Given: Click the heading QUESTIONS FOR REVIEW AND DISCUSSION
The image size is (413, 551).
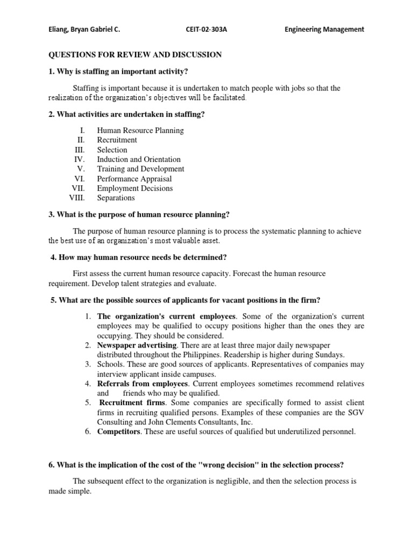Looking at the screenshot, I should click(x=135, y=55).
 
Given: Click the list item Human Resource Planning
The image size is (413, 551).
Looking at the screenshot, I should click(x=140, y=130).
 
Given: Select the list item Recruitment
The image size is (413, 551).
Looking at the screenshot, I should click(x=117, y=140).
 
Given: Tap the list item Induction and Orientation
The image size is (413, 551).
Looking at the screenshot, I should click(x=139, y=159).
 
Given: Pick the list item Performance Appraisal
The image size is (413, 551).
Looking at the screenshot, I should click(x=134, y=179).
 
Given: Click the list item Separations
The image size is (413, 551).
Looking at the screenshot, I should click(x=116, y=198).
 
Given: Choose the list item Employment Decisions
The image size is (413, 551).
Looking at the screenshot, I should click(x=135, y=188).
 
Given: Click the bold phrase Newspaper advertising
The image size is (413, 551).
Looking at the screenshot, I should click(x=137, y=345).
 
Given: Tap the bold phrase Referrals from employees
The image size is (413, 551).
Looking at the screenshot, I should click(x=143, y=384).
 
